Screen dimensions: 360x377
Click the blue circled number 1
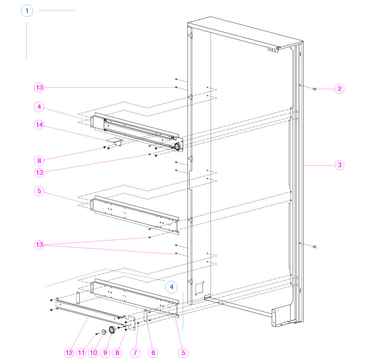[27, 10]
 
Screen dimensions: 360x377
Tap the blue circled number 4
[171, 287]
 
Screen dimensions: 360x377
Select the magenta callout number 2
[339, 88]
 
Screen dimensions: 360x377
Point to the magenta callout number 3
[339, 165]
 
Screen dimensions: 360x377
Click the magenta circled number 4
[39, 107]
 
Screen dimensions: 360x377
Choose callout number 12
[69, 353]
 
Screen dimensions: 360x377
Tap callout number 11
[81, 353]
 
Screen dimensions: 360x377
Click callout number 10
[93, 353]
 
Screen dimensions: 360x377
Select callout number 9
[105, 353]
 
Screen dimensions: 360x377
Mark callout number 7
[135, 353]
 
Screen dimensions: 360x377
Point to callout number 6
[153, 353]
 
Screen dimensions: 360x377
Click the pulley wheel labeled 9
[112, 330]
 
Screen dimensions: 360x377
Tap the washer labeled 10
[103, 332]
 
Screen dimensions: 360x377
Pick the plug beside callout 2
[315, 89]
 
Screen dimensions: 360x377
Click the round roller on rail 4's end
[177, 147]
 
